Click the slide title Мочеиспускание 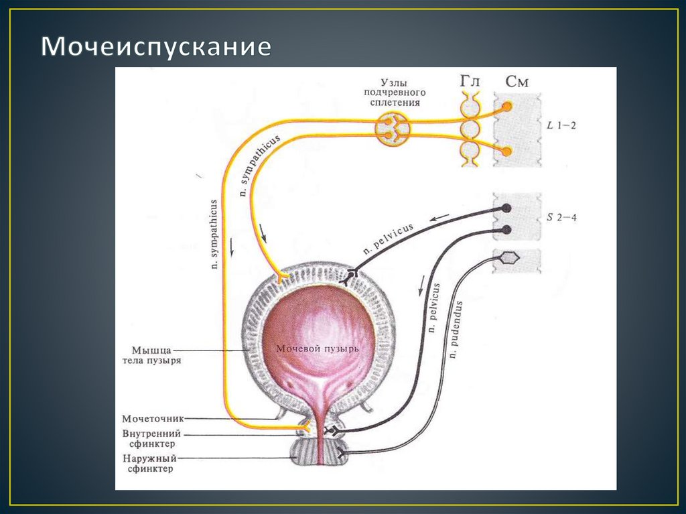[157, 47]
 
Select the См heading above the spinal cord [517, 82]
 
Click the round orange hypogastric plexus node [391, 129]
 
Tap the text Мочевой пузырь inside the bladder [318, 349]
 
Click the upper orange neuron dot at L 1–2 [507, 107]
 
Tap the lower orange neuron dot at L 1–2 [507, 151]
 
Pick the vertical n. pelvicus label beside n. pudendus [434, 308]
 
